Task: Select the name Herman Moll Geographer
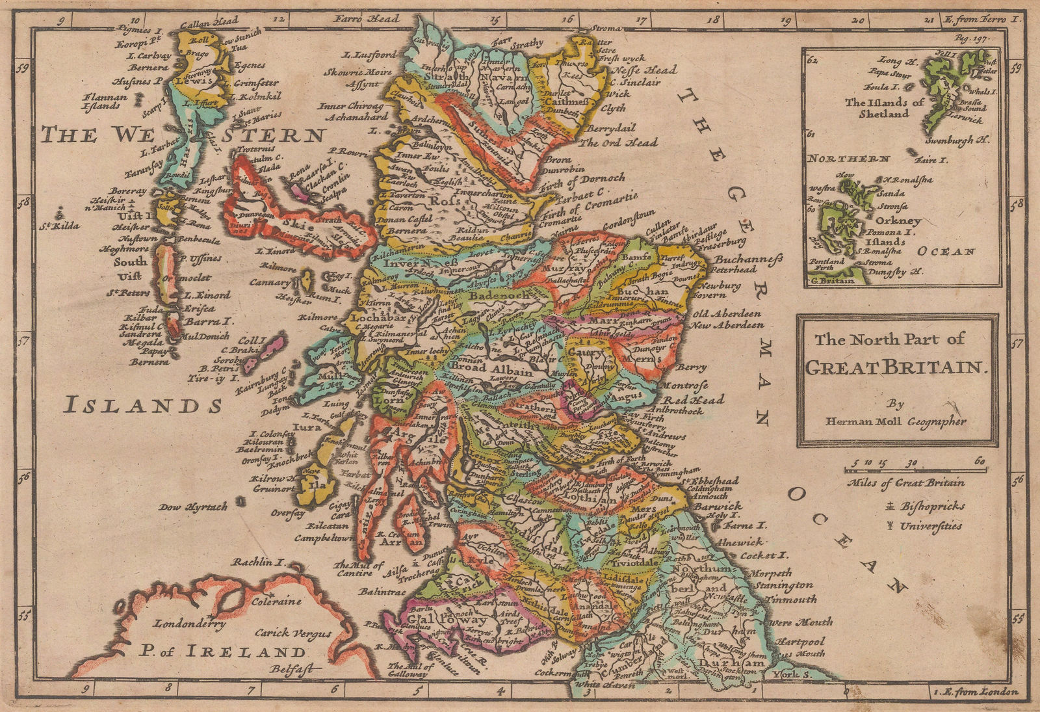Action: (896, 421)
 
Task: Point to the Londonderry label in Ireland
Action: (189, 623)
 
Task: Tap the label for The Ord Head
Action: (619, 142)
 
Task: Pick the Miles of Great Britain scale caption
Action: (905, 482)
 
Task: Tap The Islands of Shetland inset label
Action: (884, 107)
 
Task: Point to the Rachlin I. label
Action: (261, 562)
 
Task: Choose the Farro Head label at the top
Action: (367, 19)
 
